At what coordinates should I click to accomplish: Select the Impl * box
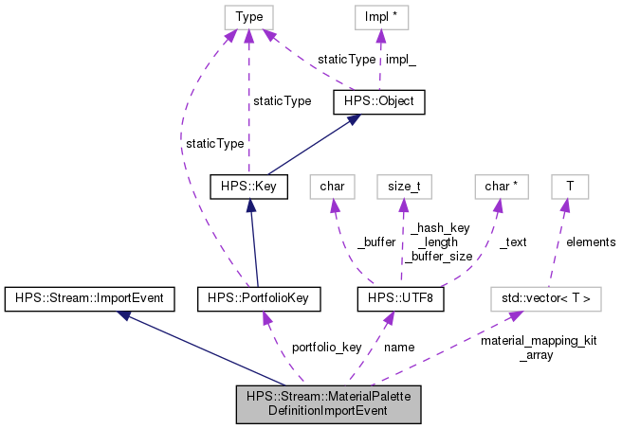click(379, 16)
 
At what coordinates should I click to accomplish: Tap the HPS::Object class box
click(379, 100)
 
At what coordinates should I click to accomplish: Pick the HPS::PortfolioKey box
click(255, 298)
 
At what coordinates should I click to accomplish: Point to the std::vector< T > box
click(545, 298)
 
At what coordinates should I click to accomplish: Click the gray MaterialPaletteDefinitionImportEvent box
click(328, 403)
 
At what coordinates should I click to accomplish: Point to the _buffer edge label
click(375, 242)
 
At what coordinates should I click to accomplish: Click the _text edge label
click(512, 242)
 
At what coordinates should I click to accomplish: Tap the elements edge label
click(591, 242)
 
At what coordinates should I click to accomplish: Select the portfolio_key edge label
click(326, 347)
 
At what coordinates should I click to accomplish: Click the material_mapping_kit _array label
click(538, 349)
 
